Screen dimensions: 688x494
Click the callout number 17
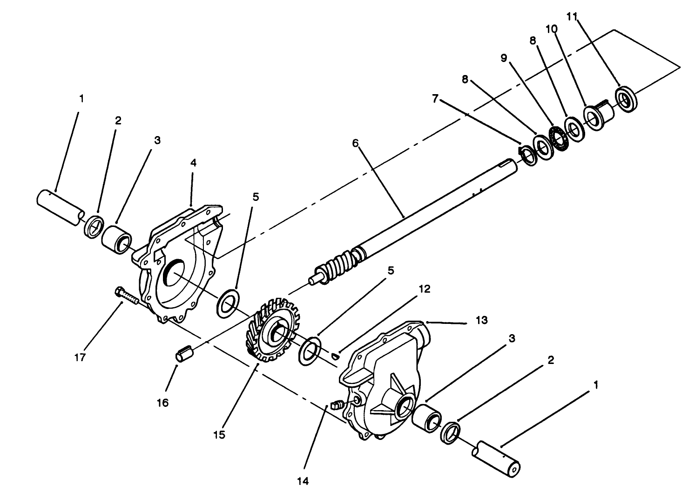coord(80,357)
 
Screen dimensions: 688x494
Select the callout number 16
coord(163,403)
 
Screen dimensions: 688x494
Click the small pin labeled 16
coord(184,353)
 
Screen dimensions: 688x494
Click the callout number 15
coord(219,435)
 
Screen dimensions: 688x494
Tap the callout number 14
coord(303,481)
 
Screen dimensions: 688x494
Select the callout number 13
coord(482,320)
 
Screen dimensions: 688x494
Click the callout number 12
coord(425,289)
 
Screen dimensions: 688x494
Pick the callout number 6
coord(355,143)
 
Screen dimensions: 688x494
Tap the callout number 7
coord(435,99)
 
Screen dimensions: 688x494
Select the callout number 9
coord(504,58)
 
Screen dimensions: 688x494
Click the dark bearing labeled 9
coord(559,138)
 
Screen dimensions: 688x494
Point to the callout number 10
coord(551,29)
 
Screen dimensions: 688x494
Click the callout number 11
coord(572,17)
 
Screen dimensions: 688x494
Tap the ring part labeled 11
coord(626,99)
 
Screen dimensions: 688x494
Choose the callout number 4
coord(193,163)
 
